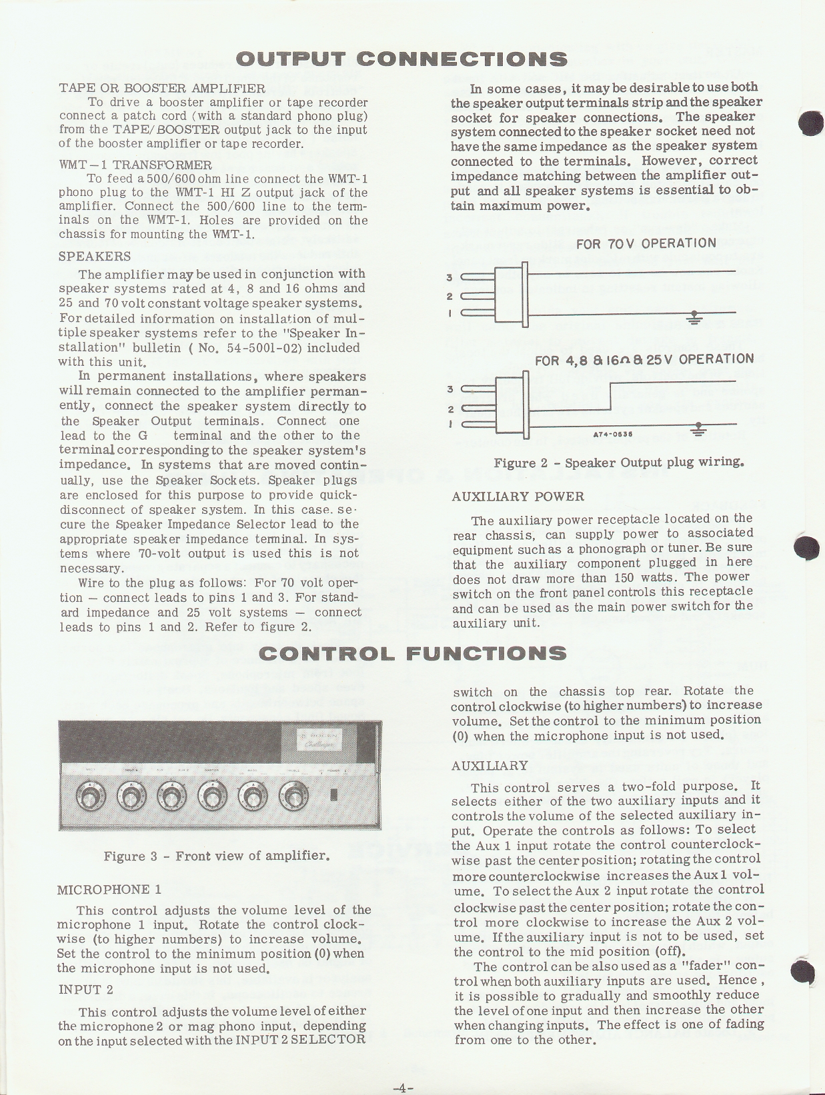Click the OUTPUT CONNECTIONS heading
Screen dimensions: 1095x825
point(402,59)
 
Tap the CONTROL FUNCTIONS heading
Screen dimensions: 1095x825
point(412,653)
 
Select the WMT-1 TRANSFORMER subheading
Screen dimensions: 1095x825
point(135,165)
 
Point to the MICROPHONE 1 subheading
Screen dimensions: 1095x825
point(109,890)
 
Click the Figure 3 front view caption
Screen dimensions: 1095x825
point(217,856)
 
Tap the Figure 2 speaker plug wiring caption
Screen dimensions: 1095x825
point(618,463)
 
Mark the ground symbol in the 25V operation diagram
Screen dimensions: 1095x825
point(698,429)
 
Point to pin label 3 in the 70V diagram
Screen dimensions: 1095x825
point(450,277)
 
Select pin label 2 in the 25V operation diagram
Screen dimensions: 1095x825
point(450,409)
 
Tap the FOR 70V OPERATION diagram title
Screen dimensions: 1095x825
point(646,243)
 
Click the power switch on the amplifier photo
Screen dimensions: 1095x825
point(334,795)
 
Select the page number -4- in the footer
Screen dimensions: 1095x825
point(403,1088)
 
